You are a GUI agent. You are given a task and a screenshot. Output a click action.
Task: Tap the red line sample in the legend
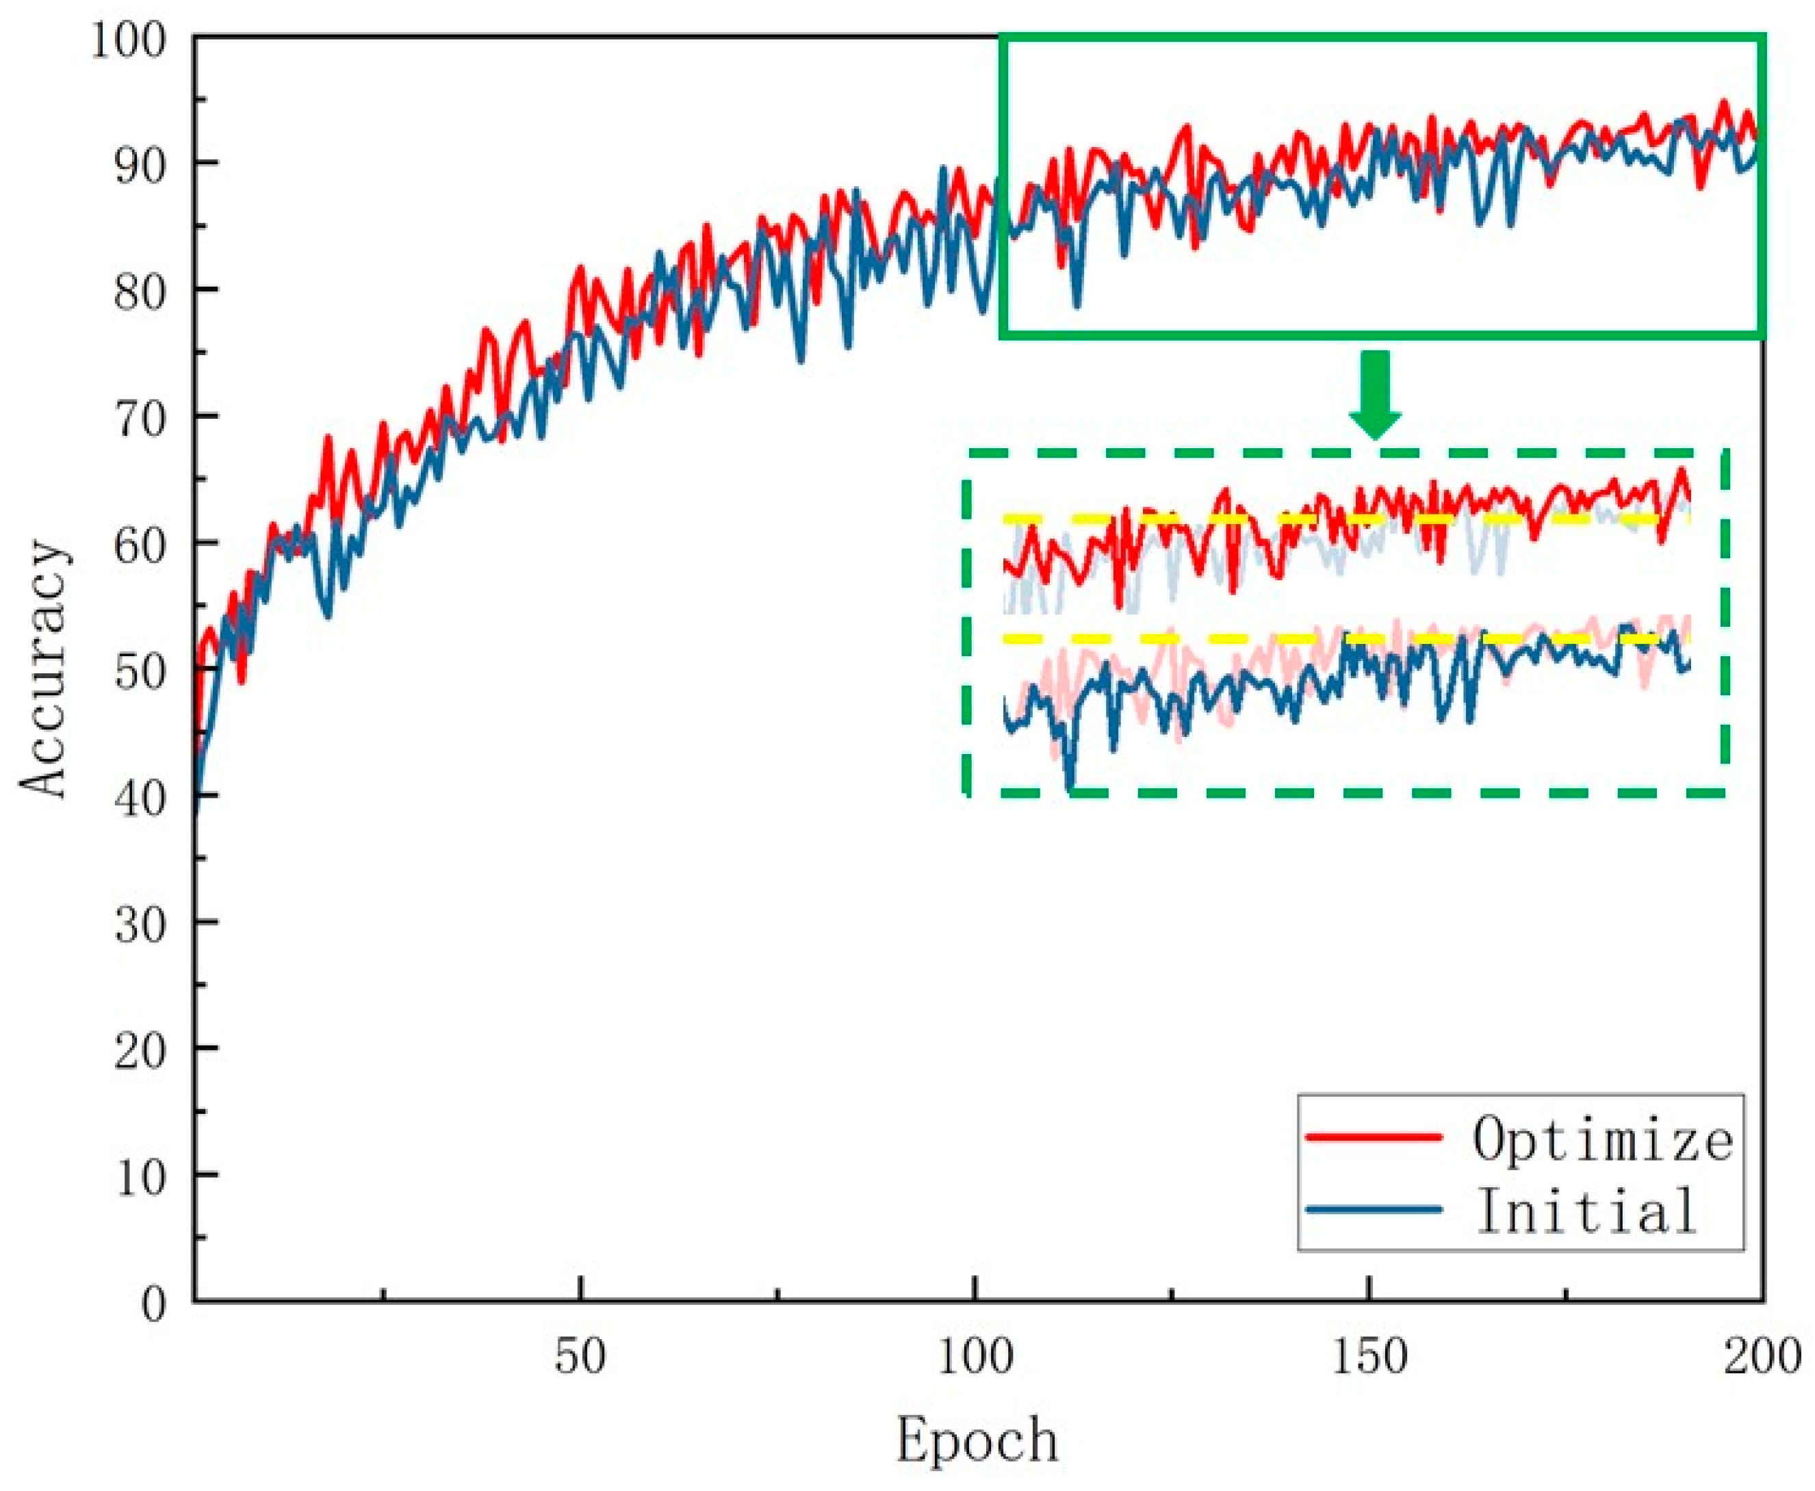click(1373, 1137)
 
